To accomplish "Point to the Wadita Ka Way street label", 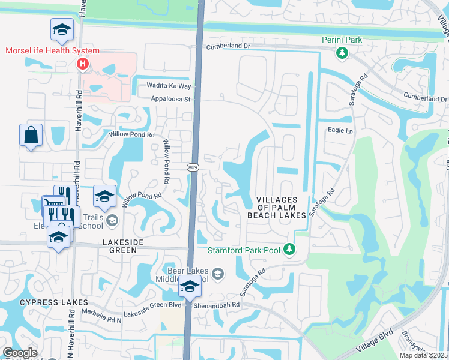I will click(x=164, y=86).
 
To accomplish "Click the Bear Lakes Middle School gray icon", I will click(x=218, y=275).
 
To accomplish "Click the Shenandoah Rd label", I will click(x=216, y=304).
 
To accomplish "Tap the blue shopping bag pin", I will click(x=31, y=136).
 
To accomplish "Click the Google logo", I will click(x=19, y=353).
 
